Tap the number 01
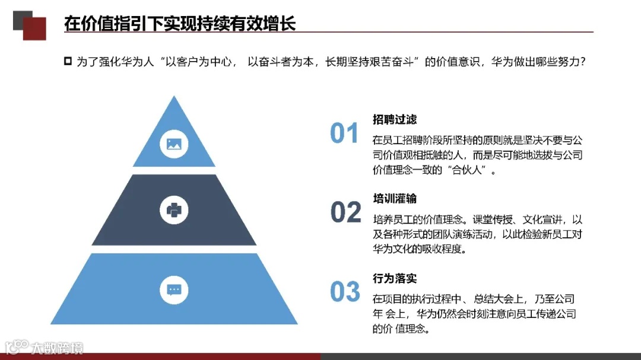coord(344,133)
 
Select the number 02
coord(345,212)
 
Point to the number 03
coord(345,292)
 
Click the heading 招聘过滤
coord(395,120)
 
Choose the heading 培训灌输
coord(395,198)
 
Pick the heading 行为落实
coord(395,278)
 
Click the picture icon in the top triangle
coord(174,143)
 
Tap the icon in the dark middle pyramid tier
coord(174,209)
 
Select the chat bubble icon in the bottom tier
coord(174,289)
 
